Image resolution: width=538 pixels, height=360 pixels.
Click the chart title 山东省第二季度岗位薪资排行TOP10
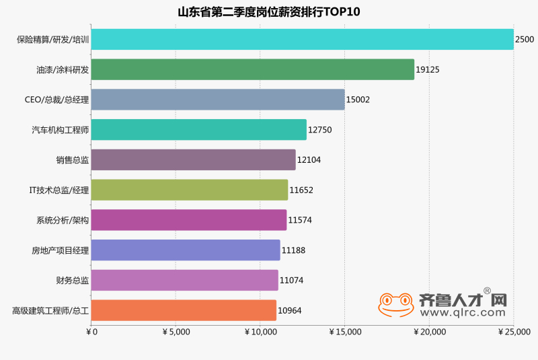point(269,12)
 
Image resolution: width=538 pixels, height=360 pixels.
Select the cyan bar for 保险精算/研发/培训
point(302,39)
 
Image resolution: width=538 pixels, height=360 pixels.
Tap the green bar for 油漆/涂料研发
point(252,69)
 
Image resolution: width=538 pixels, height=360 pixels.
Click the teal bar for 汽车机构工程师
point(198,129)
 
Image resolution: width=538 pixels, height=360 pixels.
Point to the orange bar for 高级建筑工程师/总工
point(184,310)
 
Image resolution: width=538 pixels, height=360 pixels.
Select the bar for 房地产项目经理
point(186,250)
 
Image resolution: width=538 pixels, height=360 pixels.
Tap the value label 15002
point(358,100)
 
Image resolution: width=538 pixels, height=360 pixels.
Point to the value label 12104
point(309,159)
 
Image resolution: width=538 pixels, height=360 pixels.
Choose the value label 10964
point(290,310)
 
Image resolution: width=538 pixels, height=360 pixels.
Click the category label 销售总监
point(73,159)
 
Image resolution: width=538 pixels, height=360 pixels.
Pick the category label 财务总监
point(73,280)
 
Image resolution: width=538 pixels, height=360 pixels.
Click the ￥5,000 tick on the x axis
point(176,332)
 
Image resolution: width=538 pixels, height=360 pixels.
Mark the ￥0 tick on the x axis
point(92,332)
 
